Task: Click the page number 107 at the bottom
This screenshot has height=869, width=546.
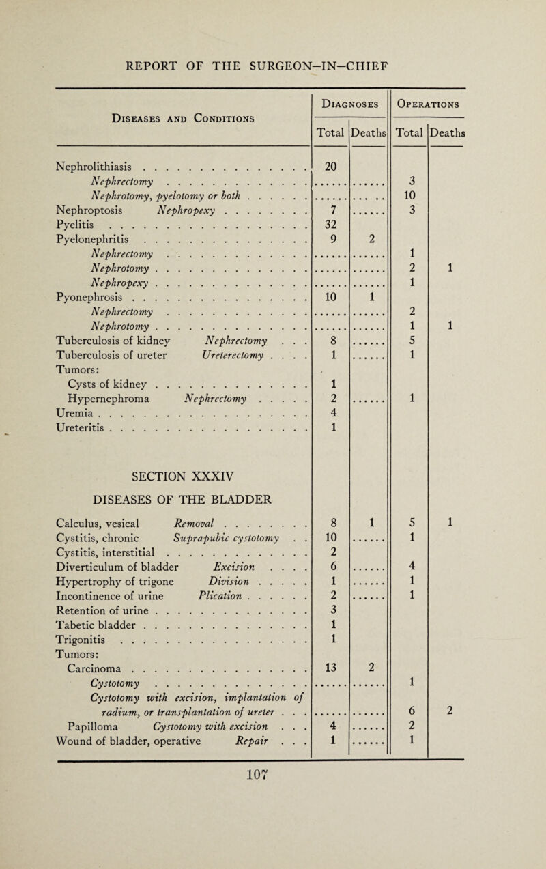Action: click(273, 856)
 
